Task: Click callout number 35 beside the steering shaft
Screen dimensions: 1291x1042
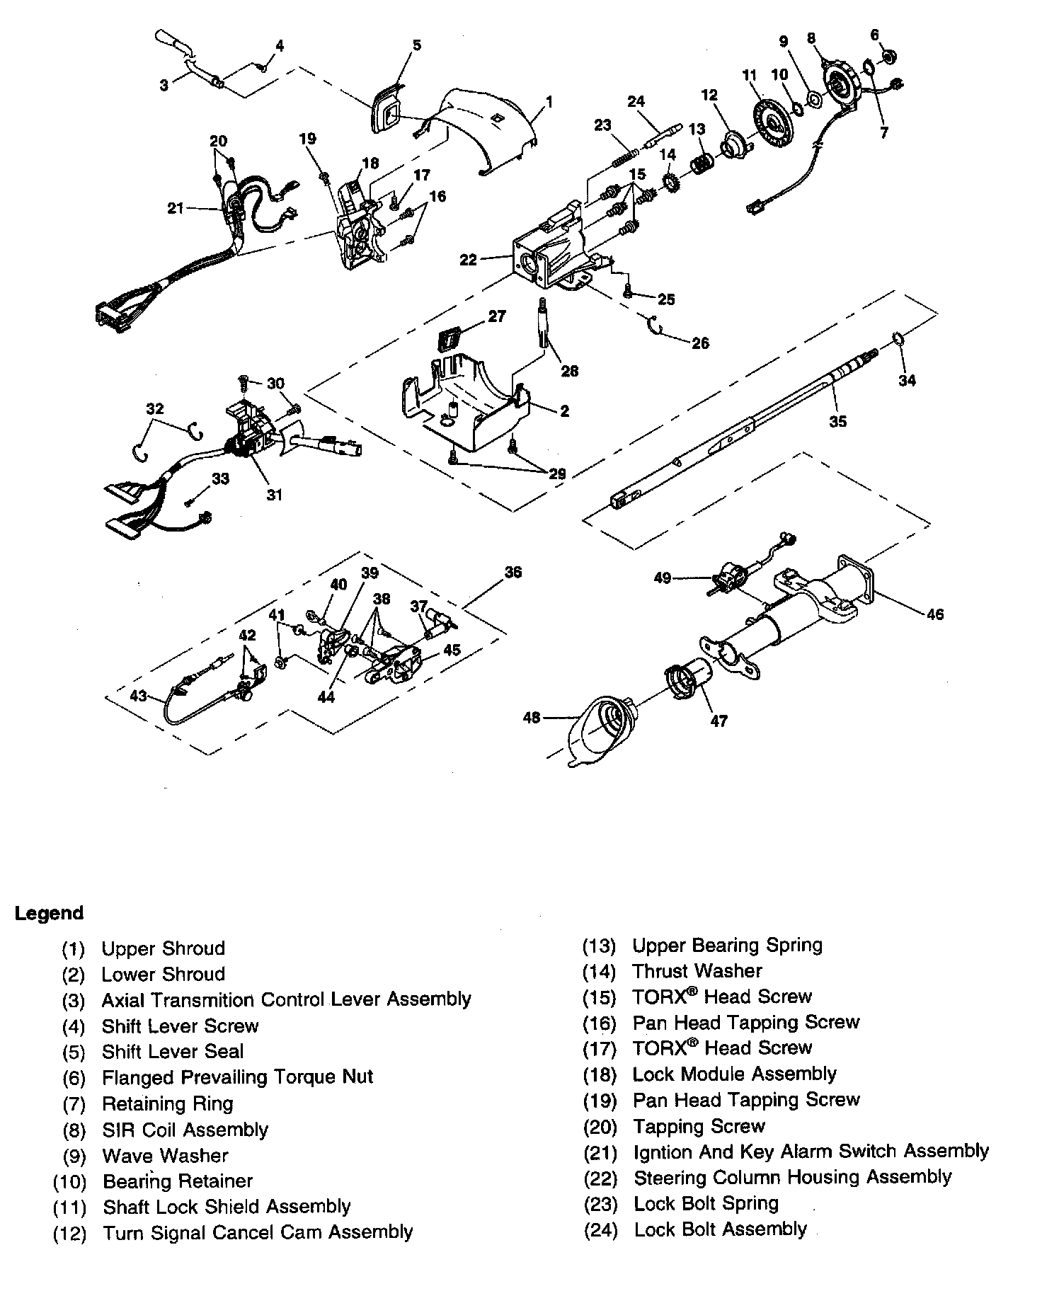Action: click(838, 421)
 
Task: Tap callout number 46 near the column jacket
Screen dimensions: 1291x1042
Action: click(934, 614)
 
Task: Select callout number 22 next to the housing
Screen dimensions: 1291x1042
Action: click(469, 260)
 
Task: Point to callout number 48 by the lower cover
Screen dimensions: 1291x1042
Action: click(531, 718)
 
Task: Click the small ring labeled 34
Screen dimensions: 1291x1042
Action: click(898, 338)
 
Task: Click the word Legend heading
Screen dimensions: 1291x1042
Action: click(49, 913)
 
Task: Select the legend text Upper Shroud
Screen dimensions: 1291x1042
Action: click(163, 948)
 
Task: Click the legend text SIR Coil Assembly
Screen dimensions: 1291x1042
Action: click(185, 1129)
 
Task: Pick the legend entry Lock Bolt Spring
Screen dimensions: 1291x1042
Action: click(706, 1203)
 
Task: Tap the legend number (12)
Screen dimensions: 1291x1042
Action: click(69, 1233)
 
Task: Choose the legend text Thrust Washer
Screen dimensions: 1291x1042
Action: click(697, 971)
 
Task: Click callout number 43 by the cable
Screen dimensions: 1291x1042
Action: click(139, 696)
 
